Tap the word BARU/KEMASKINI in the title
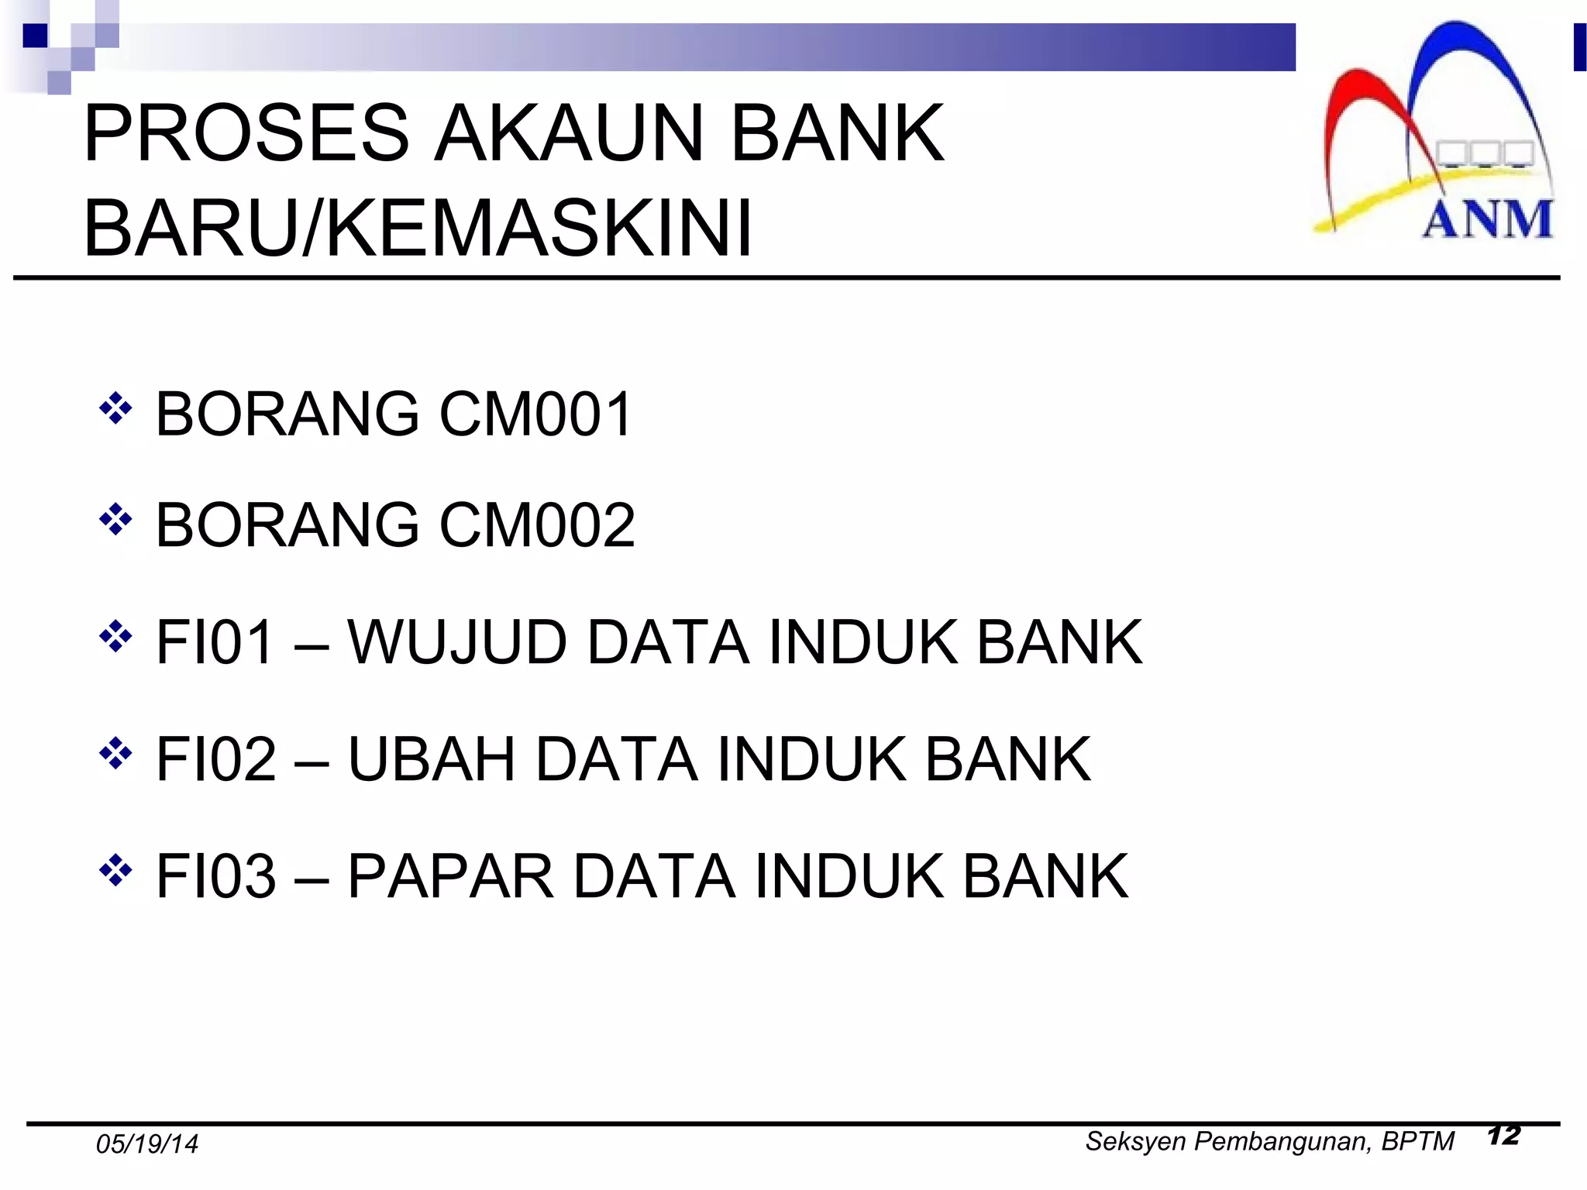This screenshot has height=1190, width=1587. [418, 229]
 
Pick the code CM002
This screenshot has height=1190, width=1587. [537, 525]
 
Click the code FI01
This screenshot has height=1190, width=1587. [215, 642]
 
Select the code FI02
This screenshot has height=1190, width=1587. [216, 759]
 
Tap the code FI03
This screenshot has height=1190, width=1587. [216, 876]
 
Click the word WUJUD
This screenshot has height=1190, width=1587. [456, 642]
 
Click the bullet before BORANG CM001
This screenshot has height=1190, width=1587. [115, 409]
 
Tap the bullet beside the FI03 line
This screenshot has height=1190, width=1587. [115, 871]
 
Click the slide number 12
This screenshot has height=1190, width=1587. [1503, 1136]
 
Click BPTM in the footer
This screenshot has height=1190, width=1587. [1417, 1141]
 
